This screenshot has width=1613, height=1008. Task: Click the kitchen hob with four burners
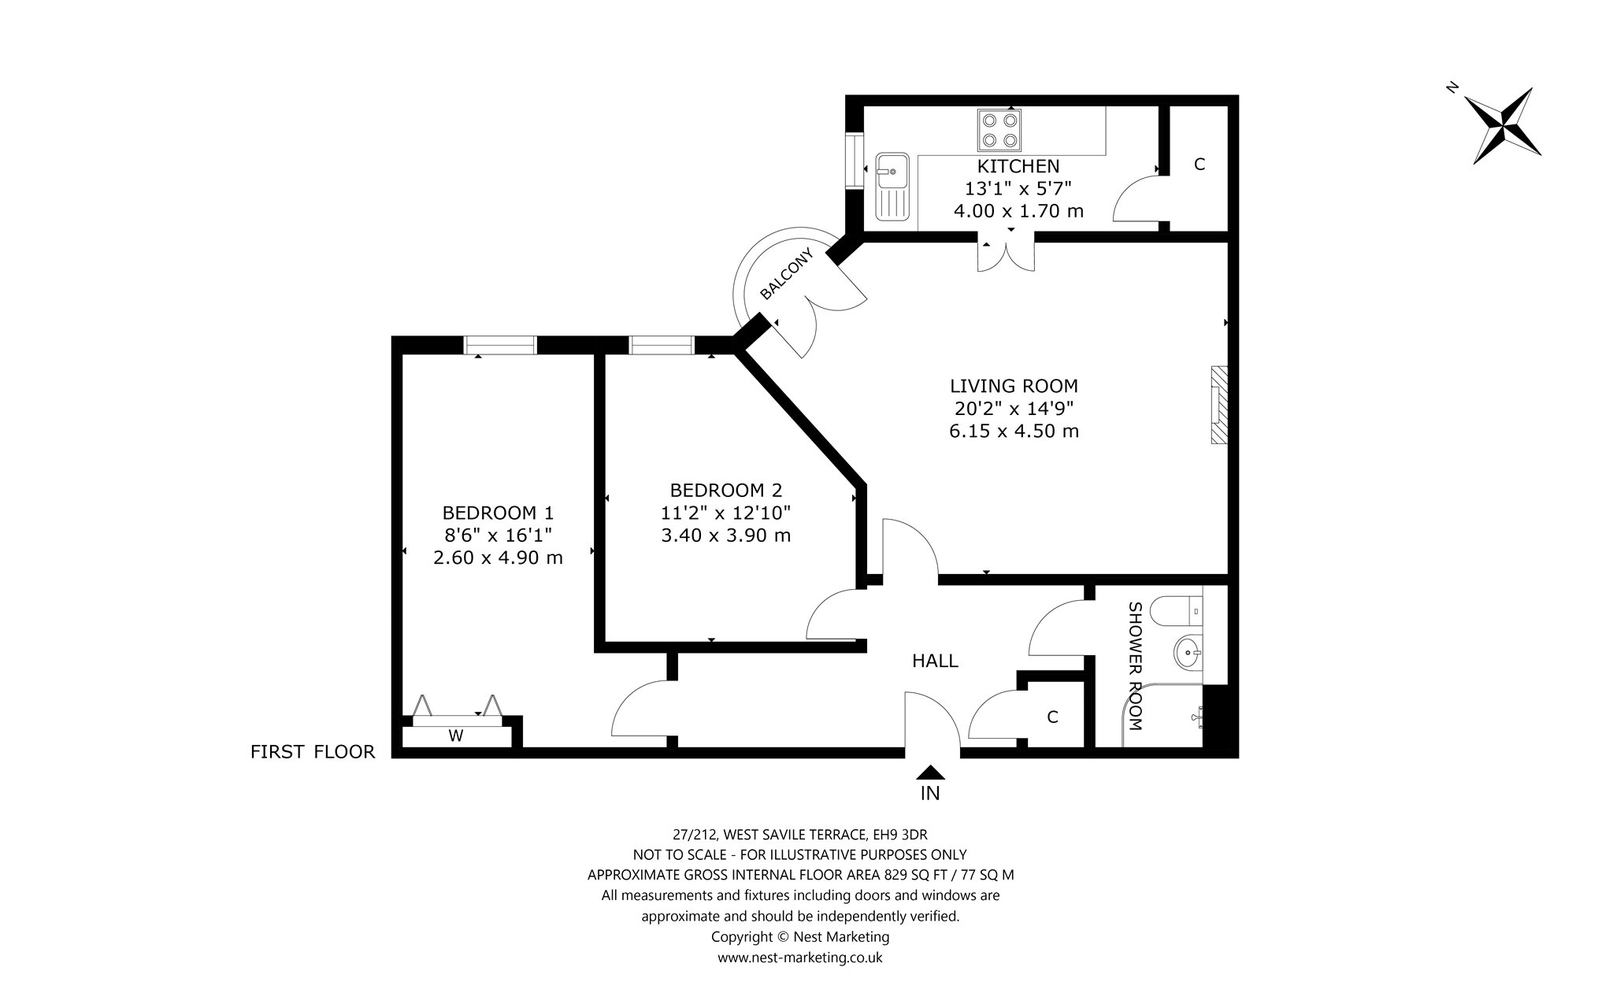point(999,130)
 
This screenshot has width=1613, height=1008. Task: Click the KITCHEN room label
point(1018,166)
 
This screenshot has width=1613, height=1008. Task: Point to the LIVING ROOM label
point(1014,386)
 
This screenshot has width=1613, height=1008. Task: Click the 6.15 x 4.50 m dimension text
point(1014,431)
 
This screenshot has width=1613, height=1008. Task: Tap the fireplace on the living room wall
point(1219,406)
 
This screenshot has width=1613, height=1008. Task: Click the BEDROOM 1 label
point(498,513)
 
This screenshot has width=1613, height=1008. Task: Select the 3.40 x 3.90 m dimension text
point(725,535)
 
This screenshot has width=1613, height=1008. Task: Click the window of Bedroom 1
point(500,345)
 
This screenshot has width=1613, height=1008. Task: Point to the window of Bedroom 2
point(662,345)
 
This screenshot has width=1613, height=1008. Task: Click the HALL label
point(935,661)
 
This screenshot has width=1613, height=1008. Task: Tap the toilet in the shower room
point(1176,610)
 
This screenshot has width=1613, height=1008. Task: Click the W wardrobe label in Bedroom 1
point(455,736)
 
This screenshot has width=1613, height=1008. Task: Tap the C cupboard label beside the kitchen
point(1200,165)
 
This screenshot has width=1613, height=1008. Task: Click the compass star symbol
point(1504,126)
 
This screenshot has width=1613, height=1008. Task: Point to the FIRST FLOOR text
point(313,752)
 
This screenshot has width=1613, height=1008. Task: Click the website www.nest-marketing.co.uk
point(799,958)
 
